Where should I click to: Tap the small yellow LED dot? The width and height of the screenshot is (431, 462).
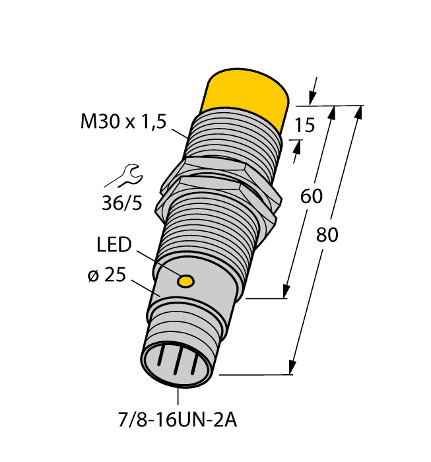(x=187, y=282)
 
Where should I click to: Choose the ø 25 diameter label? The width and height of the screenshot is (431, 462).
(x=107, y=277)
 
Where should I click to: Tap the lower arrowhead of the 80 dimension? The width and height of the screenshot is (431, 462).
(x=291, y=367)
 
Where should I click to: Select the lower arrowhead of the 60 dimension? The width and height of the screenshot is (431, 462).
(x=286, y=291)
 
